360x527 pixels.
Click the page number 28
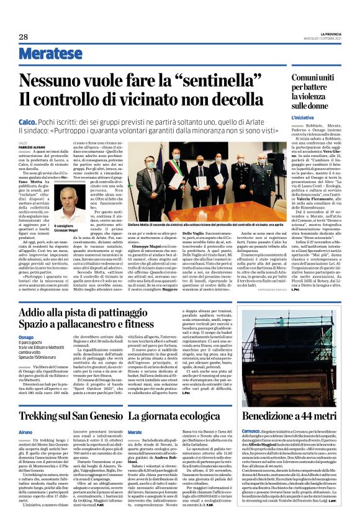coord(22,37)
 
